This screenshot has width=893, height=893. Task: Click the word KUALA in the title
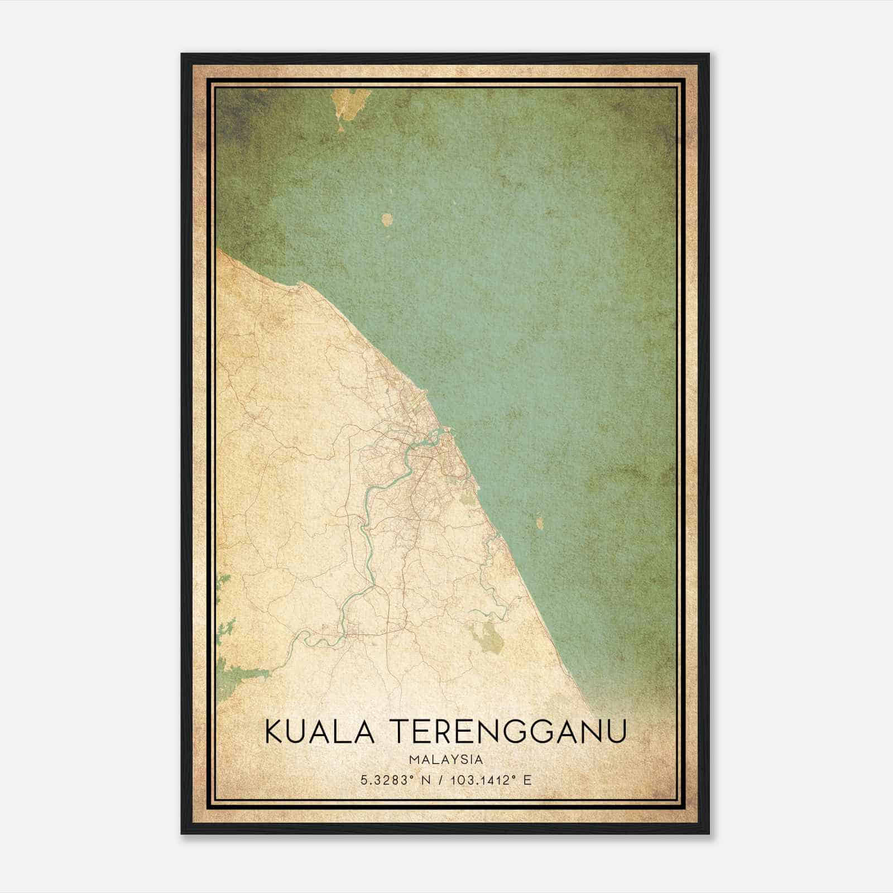(x=319, y=731)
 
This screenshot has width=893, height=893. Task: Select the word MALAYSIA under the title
(x=446, y=760)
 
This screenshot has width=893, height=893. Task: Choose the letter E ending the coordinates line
(x=527, y=780)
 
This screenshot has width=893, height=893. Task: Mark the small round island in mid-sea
(x=387, y=219)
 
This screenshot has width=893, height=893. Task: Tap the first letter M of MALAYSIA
(x=413, y=760)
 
